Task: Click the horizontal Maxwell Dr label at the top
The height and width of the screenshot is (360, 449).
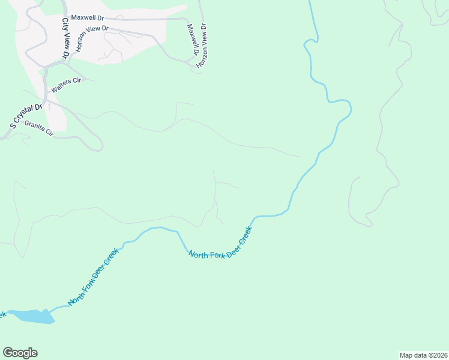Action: point(87,19)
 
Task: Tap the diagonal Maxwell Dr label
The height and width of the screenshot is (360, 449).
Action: point(193,40)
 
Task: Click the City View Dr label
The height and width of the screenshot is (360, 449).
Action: point(65,38)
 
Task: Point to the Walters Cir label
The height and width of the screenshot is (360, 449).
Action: point(65,85)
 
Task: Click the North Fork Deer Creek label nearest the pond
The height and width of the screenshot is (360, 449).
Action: point(93,276)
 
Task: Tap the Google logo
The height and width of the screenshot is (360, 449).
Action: point(20,353)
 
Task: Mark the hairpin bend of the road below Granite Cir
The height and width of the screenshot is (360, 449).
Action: point(101,146)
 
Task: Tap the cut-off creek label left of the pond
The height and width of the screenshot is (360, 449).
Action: point(2,313)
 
